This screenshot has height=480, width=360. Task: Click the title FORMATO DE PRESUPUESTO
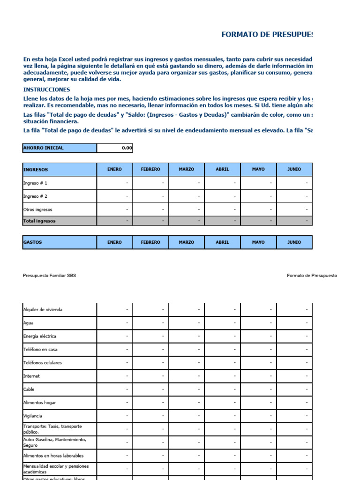click(x=266, y=35)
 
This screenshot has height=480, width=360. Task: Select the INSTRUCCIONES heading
click(x=46, y=90)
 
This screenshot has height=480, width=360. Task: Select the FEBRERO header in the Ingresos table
click(x=150, y=170)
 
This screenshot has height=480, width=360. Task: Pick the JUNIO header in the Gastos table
click(x=294, y=242)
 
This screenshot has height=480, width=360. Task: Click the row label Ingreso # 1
click(x=35, y=183)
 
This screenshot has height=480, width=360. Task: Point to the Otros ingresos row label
click(x=38, y=210)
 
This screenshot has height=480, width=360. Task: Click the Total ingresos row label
click(x=39, y=221)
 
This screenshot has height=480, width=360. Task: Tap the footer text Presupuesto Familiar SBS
click(x=49, y=276)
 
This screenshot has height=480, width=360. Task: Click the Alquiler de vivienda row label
click(x=43, y=310)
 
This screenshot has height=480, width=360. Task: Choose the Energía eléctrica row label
click(x=40, y=336)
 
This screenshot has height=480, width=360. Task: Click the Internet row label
click(x=31, y=376)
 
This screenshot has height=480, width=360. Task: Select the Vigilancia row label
click(x=32, y=416)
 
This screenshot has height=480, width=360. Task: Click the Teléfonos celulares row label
click(x=42, y=363)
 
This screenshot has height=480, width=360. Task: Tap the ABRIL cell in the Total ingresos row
click(x=223, y=221)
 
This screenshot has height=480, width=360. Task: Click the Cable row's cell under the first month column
click(x=115, y=390)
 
